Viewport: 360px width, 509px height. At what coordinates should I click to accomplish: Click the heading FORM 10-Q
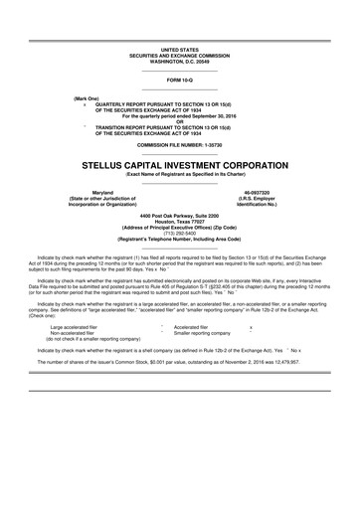point(180,79)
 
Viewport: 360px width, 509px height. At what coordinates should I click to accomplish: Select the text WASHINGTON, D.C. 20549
point(180,59)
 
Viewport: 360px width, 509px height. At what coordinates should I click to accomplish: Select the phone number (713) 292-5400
point(180,234)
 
